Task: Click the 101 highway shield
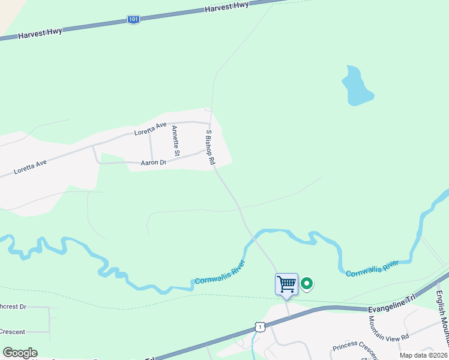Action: pyautogui.click(x=133, y=20)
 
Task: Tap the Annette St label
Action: pyautogui.click(x=175, y=141)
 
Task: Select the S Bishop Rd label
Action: pyautogui.click(x=210, y=147)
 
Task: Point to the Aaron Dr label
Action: pyautogui.click(x=153, y=162)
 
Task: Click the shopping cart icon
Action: pyautogui.click(x=286, y=284)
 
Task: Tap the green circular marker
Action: pyautogui.click(x=306, y=283)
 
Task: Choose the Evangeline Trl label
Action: pyautogui.click(x=391, y=308)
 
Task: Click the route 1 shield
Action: pyautogui.click(x=259, y=326)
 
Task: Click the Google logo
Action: pyautogui.click(x=19, y=353)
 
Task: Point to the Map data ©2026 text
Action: pyautogui.click(x=423, y=355)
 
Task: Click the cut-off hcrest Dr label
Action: pyautogui.click(x=13, y=307)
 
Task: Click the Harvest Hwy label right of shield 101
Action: pyautogui.click(x=226, y=7)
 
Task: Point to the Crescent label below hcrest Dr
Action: pyautogui.click(x=11, y=331)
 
